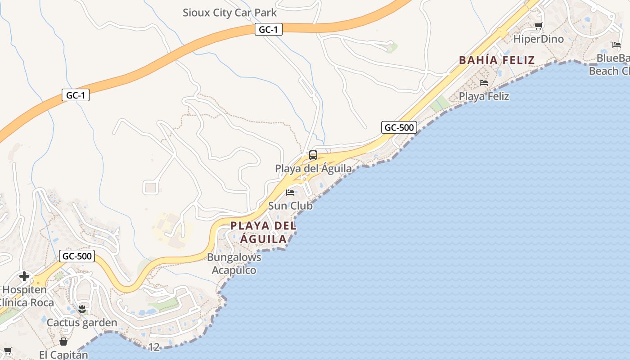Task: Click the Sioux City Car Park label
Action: coord(229,13)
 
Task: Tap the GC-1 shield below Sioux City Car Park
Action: coord(269,30)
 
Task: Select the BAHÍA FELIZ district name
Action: coord(497,60)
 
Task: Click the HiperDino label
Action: coord(538,39)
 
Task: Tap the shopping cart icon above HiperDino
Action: coord(538,26)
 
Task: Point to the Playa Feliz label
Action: coord(484,96)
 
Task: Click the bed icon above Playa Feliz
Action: coord(484,83)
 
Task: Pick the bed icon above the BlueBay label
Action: coord(616,45)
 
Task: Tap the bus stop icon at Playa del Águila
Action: coord(313,155)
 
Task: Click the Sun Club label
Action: coord(290,206)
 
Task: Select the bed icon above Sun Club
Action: coord(290,193)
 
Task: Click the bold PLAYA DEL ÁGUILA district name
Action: coord(264,232)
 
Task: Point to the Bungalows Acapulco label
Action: coord(234,264)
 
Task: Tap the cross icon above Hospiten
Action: coord(24,276)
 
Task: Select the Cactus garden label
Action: coord(82,322)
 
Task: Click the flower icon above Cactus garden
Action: coord(82,309)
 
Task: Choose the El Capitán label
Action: coord(63,355)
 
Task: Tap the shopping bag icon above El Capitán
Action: coord(63,342)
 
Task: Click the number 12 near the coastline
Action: coord(154,347)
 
